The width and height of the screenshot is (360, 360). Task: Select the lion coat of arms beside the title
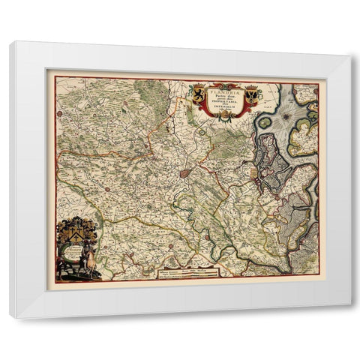[x=198, y=94]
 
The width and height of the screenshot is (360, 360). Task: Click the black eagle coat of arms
[x=251, y=95]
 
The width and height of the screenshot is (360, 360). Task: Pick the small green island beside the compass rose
[x=265, y=122]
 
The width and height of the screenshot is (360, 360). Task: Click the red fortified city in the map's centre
[x=185, y=174]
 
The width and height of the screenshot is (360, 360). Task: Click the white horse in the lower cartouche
[x=85, y=263]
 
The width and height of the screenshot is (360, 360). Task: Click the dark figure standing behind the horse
[x=67, y=267]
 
